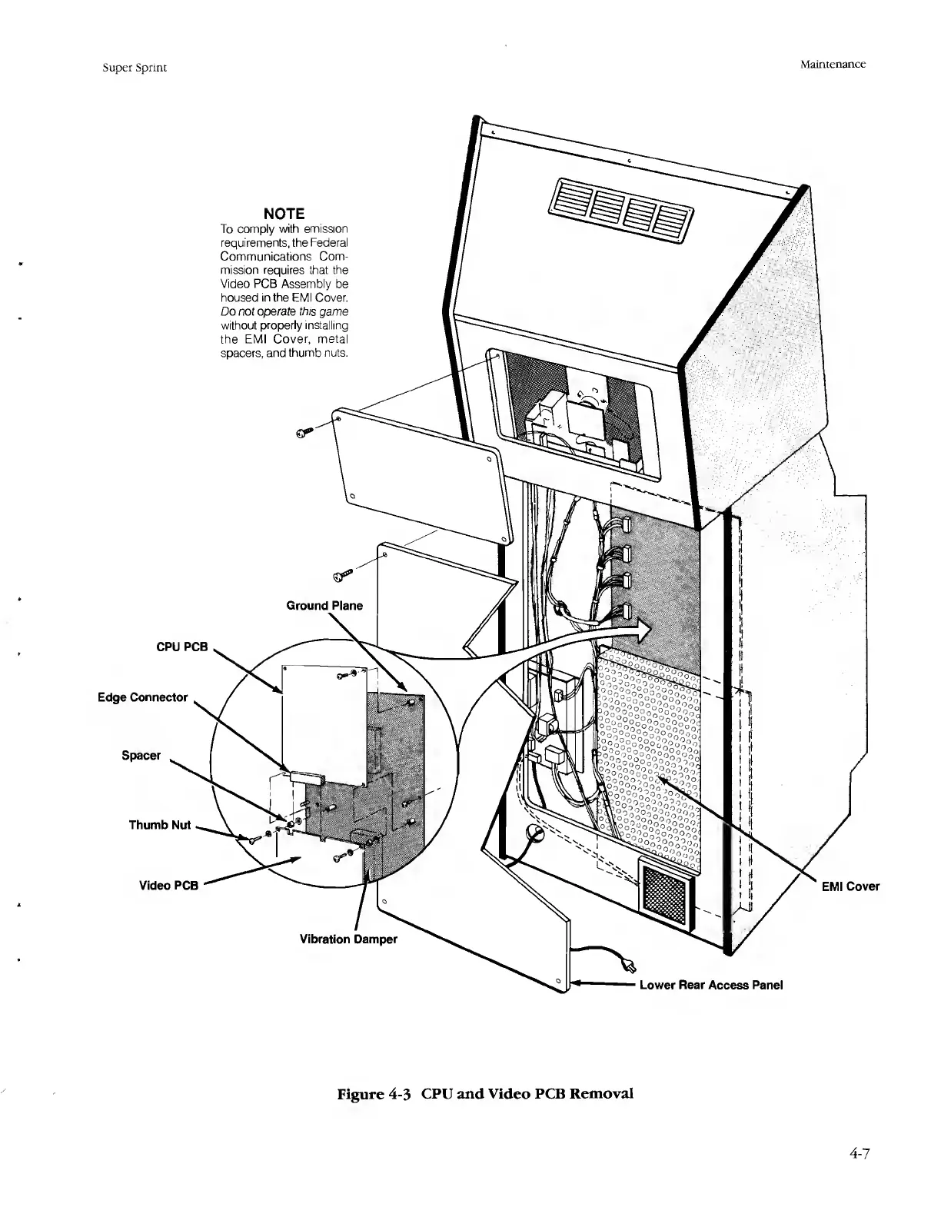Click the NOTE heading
pos(284,213)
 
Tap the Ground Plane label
pos(324,606)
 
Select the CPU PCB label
pos(182,647)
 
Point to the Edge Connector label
pos(142,697)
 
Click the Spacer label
pos(141,755)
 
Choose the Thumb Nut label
pos(159,825)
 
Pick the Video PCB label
pos(168,885)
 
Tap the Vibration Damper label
pos(347,939)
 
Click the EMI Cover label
pos(850,886)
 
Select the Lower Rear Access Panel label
pos(711,985)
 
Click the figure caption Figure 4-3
pos(486,1093)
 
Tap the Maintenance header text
pos(833,65)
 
